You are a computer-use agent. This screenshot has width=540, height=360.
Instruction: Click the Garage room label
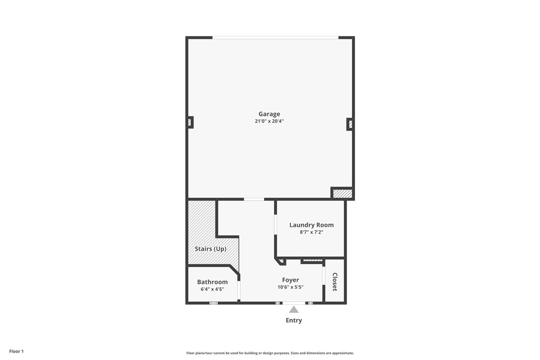point(269,114)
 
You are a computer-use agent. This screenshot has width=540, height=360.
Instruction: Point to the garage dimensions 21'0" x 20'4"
point(269,121)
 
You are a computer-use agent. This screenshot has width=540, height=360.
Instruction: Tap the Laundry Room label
point(311,225)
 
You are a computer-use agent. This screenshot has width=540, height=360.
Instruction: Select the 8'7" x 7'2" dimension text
point(311,232)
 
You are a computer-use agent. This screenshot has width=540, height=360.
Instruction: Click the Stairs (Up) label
point(210,249)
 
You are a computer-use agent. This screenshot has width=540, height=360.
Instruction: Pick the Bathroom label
point(212,282)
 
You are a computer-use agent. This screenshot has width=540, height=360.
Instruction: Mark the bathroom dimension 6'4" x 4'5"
point(212,289)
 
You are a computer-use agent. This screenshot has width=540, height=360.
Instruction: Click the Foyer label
point(290,280)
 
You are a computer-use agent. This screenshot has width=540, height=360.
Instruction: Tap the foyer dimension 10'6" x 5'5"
point(290,287)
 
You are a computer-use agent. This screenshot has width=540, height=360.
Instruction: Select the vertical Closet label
point(335,282)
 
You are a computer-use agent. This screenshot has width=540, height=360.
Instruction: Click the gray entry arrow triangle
point(294,310)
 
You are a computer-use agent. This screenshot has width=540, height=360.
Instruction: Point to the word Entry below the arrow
point(294,320)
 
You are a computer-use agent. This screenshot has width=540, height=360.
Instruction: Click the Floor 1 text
point(16,351)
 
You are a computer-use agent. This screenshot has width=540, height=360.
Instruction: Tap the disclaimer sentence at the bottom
point(270,353)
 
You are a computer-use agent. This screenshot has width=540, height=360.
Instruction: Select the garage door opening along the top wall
point(275,37)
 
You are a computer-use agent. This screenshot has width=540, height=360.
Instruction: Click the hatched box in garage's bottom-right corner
point(342,193)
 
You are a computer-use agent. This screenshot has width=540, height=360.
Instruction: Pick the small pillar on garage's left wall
point(189,122)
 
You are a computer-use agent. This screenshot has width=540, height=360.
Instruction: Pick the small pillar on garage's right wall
point(350,124)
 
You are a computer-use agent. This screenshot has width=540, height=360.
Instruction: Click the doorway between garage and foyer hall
point(254,199)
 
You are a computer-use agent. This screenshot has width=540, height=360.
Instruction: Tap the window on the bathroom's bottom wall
point(213,303)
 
